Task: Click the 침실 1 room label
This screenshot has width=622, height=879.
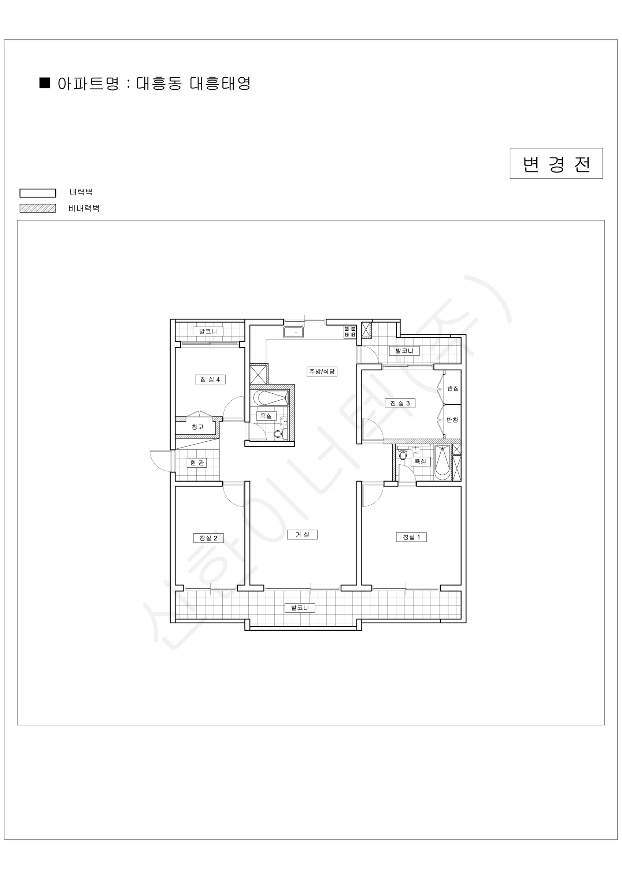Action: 411,537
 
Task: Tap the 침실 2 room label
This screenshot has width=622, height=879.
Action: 208,538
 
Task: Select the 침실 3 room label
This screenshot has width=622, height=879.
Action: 400,403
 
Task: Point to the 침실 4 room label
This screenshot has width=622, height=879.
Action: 210,379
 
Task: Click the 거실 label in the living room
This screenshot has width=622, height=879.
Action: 302,534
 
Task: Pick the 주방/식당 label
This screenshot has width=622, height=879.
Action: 322,371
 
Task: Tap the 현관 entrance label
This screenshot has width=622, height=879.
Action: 197,463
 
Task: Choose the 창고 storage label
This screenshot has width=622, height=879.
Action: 198,427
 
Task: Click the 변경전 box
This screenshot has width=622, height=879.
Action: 556,163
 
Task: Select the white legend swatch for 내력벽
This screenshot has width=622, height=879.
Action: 37,193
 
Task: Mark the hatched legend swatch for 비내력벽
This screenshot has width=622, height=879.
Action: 37,208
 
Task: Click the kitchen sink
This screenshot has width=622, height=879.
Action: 293,332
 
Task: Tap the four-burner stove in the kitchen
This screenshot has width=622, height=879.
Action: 350,331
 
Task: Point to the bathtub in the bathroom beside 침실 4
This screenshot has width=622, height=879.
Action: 271,398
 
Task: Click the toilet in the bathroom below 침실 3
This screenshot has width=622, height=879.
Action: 402,455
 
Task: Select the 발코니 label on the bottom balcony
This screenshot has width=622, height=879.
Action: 300,608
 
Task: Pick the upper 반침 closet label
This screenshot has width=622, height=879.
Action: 453,388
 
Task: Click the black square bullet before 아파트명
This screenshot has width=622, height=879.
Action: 45,83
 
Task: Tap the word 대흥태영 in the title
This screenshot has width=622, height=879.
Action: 220,83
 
